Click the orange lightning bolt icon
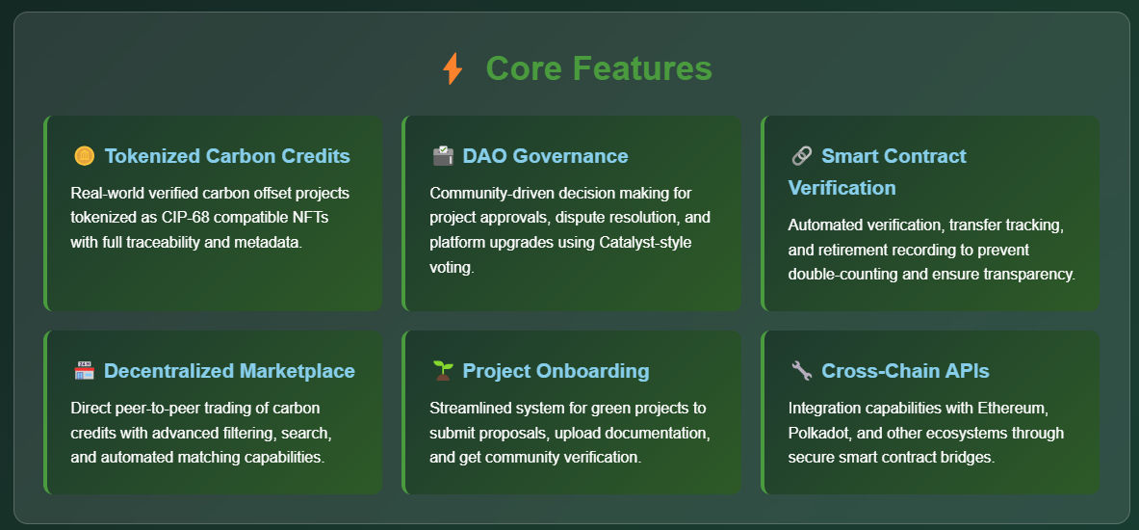click(x=452, y=68)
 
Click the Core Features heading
click(x=599, y=68)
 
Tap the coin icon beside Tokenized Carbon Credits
click(x=85, y=156)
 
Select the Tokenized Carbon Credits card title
click(x=227, y=156)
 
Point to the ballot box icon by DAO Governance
click(x=442, y=156)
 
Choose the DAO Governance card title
click(x=546, y=156)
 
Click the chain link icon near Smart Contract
click(x=801, y=156)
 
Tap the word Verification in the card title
click(x=841, y=188)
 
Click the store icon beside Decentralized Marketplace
click(x=85, y=371)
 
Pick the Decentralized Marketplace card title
click(x=229, y=371)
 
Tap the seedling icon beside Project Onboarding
click(x=442, y=371)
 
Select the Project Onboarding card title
click(x=556, y=371)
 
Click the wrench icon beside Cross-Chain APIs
click(x=801, y=371)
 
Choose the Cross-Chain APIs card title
click(x=905, y=371)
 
